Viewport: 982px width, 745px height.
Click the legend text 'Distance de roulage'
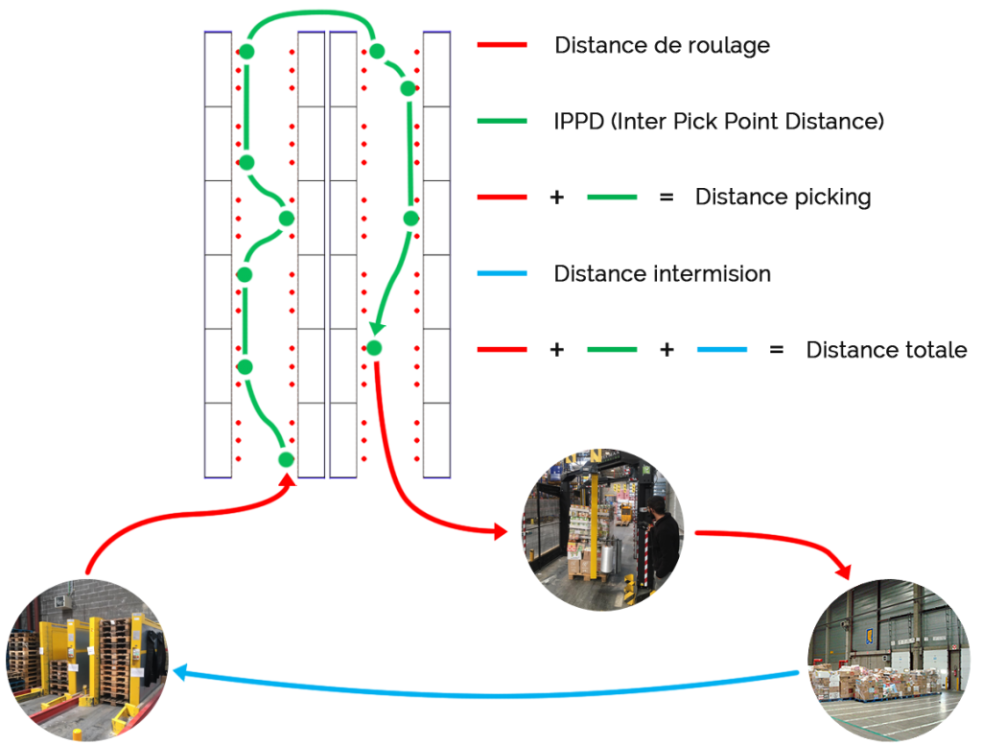click(x=662, y=45)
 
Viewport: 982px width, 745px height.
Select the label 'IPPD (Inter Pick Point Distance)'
click(x=718, y=122)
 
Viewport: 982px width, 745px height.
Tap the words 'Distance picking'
click(x=783, y=198)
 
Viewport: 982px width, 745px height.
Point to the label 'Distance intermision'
click(x=662, y=274)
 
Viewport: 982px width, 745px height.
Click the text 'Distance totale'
click(x=886, y=350)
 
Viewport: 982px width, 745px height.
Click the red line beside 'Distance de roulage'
click(x=502, y=45)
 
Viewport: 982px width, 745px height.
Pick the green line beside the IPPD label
click(x=502, y=122)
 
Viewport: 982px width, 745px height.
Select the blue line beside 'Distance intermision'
click(x=502, y=274)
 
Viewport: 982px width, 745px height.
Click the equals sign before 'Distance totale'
click(x=777, y=350)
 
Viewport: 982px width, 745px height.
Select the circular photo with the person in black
click(x=602, y=530)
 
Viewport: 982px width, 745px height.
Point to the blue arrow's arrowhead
click(x=180, y=675)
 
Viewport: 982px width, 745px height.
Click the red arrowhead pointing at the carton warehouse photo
click(x=845, y=573)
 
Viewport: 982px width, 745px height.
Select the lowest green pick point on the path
click(x=285, y=460)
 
